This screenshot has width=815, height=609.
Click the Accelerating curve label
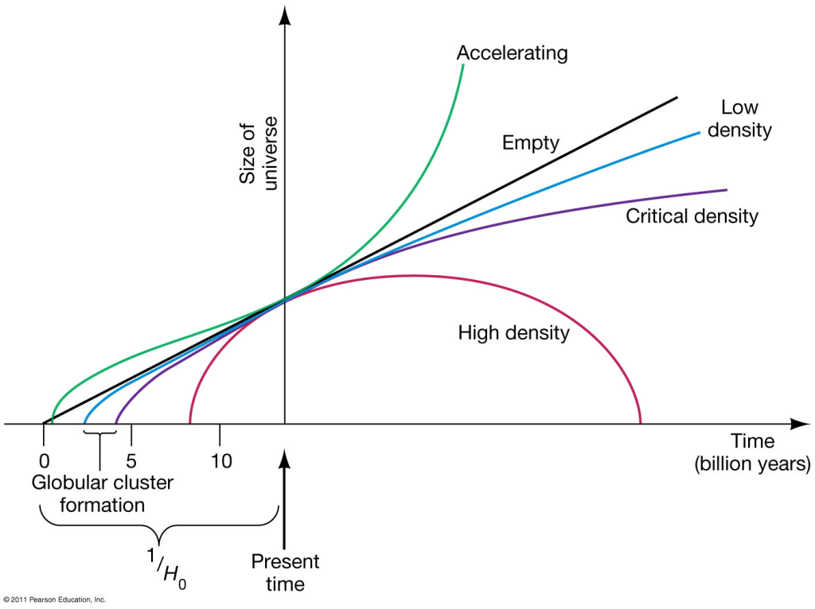[512, 53]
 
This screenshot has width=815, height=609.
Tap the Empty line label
[531, 143]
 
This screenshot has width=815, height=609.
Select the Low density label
[739, 118]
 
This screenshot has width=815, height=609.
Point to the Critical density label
[692, 215]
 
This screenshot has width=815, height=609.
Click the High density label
[513, 332]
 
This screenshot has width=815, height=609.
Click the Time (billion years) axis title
[752, 453]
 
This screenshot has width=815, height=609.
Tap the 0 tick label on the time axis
[44, 460]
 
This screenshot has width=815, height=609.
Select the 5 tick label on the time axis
[131, 460]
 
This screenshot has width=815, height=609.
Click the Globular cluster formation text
[102, 493]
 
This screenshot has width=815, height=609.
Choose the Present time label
[285, 572]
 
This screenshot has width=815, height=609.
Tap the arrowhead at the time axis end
[798, 424]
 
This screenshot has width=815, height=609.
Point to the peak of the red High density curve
[412, 275]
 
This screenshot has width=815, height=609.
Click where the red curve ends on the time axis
[641, 423]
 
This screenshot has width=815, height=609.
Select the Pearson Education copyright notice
[54, 599]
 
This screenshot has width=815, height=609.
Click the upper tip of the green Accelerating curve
[463, 65]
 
